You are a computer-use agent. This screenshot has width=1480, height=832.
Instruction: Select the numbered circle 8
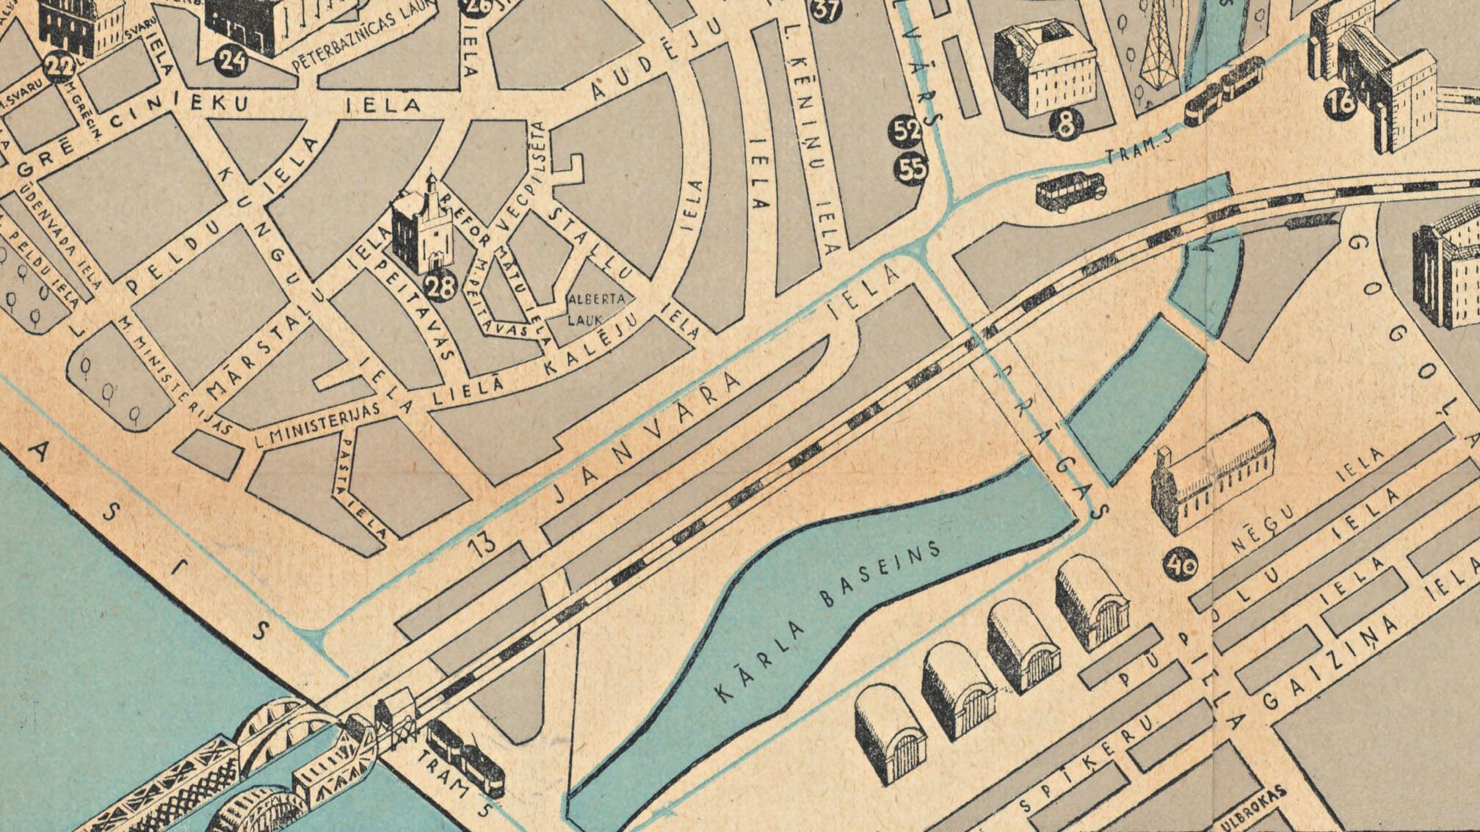[1065, 124]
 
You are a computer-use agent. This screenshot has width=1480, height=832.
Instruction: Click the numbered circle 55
[912, 170]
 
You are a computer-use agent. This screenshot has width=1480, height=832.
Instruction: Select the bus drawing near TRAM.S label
[1071, 191]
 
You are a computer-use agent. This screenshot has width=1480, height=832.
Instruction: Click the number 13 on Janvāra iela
[481, 547]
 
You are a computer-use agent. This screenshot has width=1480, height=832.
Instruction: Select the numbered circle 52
[907, 131]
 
